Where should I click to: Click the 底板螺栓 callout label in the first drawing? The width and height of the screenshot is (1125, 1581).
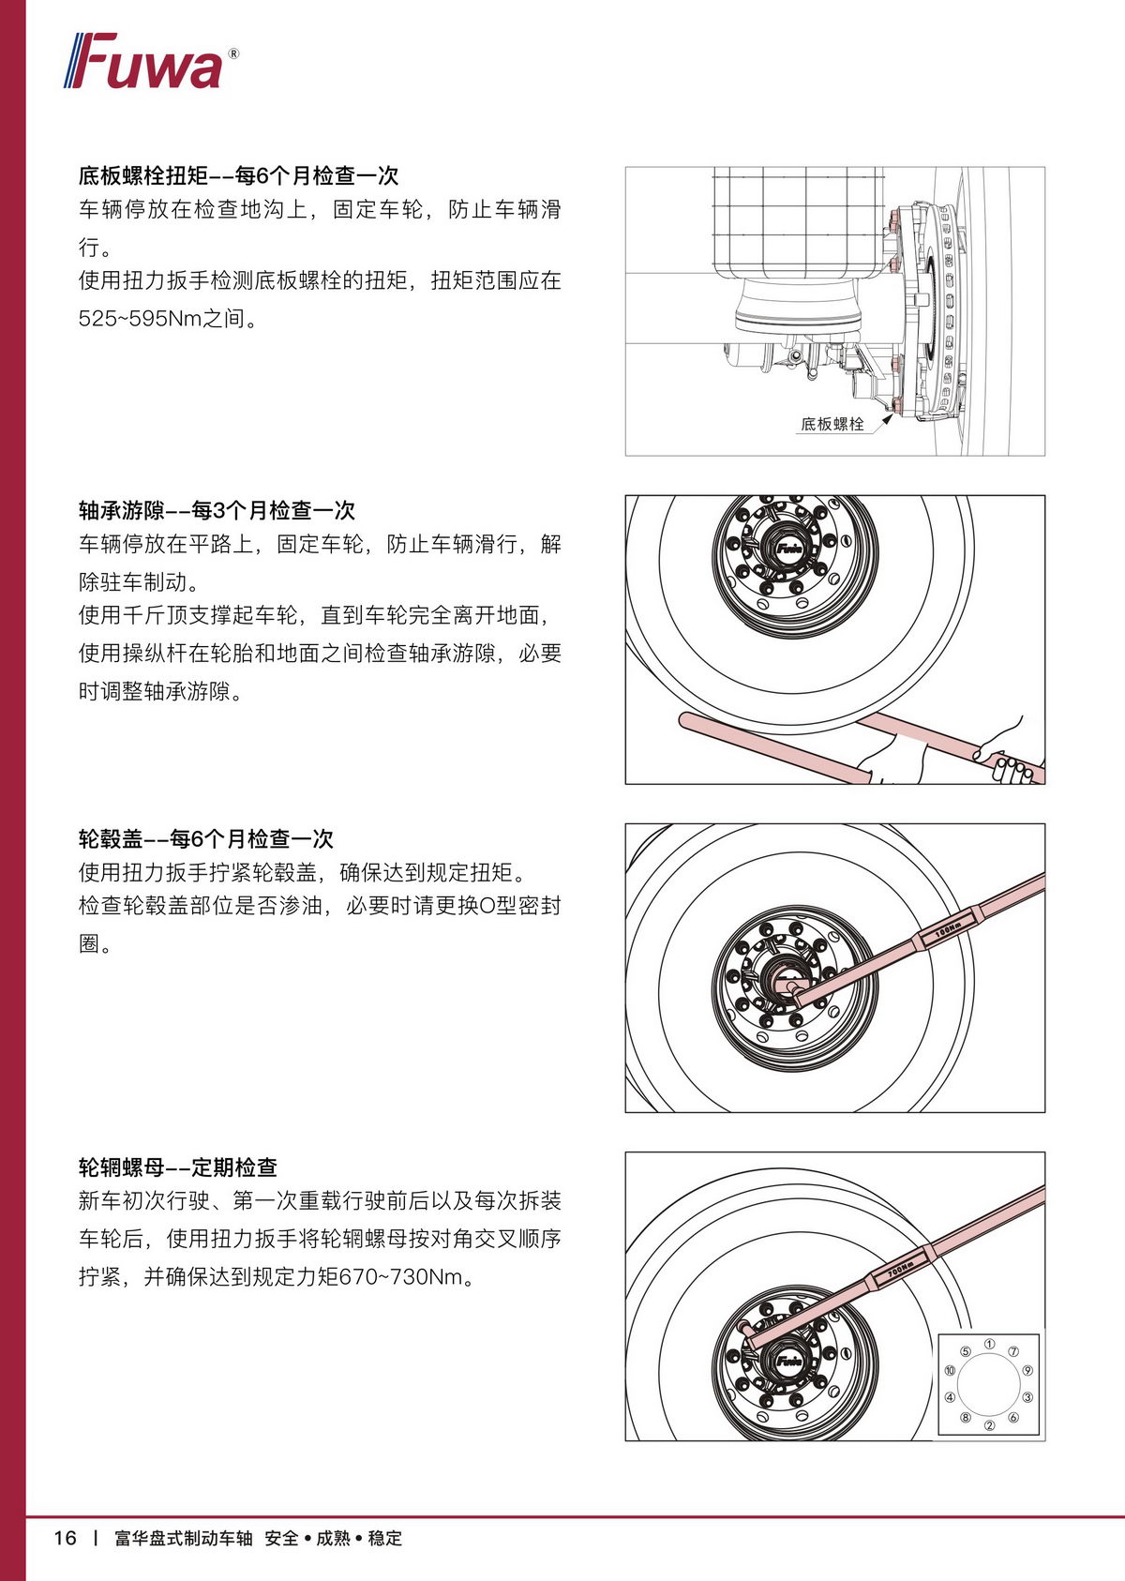(x=832, y=424)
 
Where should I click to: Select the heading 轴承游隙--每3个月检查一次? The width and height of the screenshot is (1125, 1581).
(x=217, y=510)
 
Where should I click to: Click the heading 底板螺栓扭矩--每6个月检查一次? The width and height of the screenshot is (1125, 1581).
(x=238, y=175)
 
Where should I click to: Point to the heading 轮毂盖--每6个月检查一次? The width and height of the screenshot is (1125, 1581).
(x=205, y=838)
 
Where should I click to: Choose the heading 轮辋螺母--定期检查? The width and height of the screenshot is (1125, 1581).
(x=178, y=1167)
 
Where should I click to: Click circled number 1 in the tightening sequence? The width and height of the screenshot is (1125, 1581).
(x=989, y=1344)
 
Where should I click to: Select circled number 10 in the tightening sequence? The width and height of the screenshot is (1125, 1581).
(x=950, y=1371)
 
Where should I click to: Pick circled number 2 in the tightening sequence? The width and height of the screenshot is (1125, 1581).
(x=989, y=1426)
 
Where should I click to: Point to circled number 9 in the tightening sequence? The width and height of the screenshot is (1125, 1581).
(x=1027, y=1371)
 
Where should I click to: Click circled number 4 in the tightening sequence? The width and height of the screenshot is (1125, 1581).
(x=950, y=1397)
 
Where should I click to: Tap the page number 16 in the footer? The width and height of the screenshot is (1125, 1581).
(x=65, y=1538)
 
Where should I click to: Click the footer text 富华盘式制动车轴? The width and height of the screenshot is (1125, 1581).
(x=183, y=1539)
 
